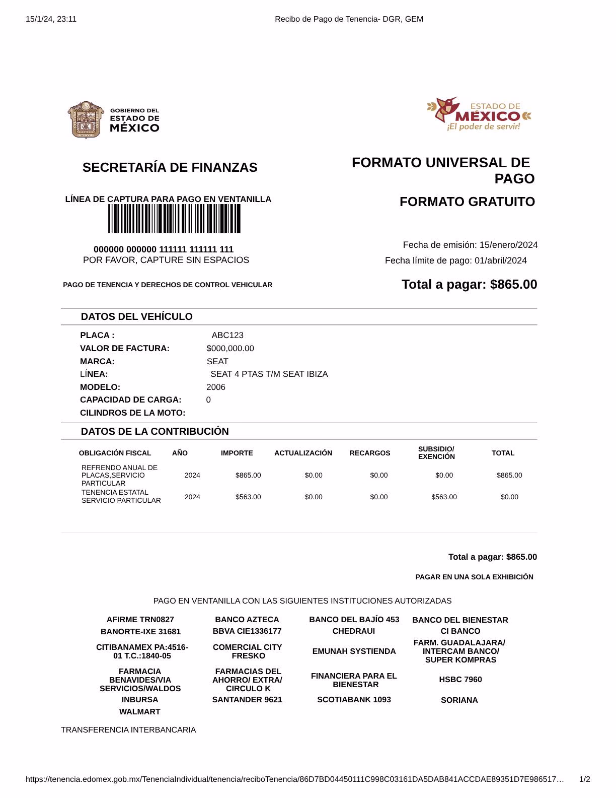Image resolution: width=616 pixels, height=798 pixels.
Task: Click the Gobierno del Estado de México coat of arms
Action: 86,119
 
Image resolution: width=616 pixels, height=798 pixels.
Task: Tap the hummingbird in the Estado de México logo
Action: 447,109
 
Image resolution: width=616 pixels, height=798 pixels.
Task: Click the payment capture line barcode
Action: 174,219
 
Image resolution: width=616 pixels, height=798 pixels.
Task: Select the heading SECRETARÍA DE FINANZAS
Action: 170,168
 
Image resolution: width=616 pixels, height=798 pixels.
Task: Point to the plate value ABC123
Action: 227,336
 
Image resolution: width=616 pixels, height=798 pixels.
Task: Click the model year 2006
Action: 216,387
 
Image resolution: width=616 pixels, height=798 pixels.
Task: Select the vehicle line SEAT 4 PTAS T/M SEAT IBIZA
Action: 269,374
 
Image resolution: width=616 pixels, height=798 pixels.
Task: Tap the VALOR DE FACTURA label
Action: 125,349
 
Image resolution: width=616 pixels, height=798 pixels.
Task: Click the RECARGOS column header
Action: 370,453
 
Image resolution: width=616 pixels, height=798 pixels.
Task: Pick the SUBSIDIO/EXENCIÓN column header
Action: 436,453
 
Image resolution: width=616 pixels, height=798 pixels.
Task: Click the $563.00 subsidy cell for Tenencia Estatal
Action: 444,497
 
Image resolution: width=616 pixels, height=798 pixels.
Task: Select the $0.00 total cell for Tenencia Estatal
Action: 509,497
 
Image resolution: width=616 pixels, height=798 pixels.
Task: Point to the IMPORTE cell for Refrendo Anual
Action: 248,476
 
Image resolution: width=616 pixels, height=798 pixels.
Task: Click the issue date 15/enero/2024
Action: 508,245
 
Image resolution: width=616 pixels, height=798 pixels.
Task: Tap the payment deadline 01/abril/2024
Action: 500,261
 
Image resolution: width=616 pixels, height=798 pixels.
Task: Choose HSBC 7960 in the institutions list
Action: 460,680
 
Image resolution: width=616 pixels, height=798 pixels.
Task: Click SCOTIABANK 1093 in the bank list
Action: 354,700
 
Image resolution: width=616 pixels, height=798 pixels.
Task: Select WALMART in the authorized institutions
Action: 140,712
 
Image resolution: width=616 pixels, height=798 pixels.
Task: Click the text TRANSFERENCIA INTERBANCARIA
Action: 128,730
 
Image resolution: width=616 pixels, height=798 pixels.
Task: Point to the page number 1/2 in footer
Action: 584,780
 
